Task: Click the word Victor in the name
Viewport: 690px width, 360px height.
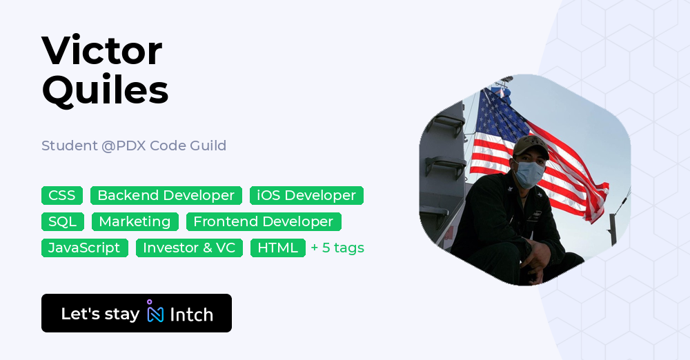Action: (101, 50)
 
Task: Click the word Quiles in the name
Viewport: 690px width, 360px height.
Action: (105, 90)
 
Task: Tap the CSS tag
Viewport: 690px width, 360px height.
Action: (62, 195)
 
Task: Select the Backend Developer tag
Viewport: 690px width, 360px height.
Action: (166, 195)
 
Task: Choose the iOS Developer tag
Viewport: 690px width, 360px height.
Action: (306, 195)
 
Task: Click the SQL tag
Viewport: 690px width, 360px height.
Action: (63, 221)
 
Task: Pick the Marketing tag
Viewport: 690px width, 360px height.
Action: (135, 221)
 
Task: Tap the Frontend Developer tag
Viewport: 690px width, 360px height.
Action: (263, 221)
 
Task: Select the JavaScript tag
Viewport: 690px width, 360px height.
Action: (84, 248)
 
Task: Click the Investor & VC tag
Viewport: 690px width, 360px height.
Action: (189, 248)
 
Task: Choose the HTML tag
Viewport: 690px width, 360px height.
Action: (277, 248)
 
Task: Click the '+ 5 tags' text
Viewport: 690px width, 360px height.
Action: (337, 248)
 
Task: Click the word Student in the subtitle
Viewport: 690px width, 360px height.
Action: (69, 146)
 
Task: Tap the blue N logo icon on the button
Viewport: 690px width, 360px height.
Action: (155, 313)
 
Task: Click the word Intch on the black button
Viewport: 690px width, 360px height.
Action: (191, 314)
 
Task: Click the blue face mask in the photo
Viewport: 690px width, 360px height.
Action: (529, 174)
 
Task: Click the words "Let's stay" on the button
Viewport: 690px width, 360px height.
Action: (100, 314)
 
